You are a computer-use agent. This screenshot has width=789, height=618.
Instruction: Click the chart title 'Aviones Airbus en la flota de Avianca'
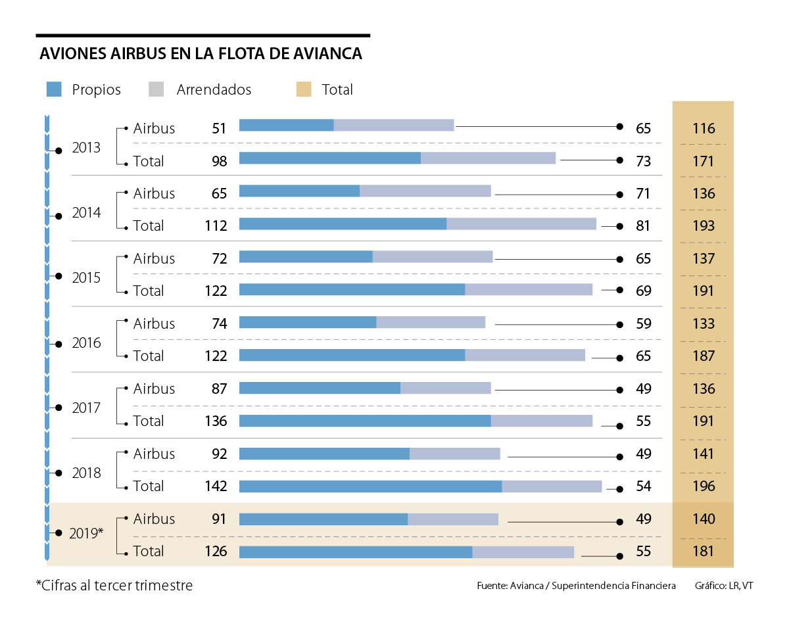tap(201, 54)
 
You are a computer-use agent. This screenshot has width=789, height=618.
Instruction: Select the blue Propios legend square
tap(54, 89)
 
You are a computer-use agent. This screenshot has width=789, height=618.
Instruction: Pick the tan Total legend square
tap(304, 89)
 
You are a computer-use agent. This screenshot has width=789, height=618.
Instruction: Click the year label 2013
tap(86, 147)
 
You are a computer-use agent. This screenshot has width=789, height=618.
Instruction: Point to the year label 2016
tap(86, 343)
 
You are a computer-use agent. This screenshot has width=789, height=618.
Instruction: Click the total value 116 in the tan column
tap(703, 128)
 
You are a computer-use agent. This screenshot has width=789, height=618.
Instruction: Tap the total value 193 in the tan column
tap(703, 226)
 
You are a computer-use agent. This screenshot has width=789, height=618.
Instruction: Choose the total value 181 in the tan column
tap(703, 551)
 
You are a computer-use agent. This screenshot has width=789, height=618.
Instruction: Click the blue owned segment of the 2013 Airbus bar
tap(287, 125)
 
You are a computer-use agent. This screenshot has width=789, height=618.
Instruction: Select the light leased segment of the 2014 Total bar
tap(521, 224)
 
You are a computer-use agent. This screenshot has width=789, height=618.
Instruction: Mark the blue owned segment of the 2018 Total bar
tap(370, 486)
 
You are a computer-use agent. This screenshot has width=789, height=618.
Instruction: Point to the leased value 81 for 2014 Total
tap(643, 226)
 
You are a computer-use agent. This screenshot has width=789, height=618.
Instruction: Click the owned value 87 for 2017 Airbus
tap(219, 389)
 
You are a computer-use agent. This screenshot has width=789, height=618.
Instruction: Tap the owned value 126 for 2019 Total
tap(215, 551)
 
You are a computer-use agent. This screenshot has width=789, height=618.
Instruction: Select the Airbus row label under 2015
tap(154, 258)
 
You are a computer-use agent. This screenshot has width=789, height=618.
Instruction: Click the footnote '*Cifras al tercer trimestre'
tap(114, 585)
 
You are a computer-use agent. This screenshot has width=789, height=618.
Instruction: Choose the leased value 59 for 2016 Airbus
tap(643, 323)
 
